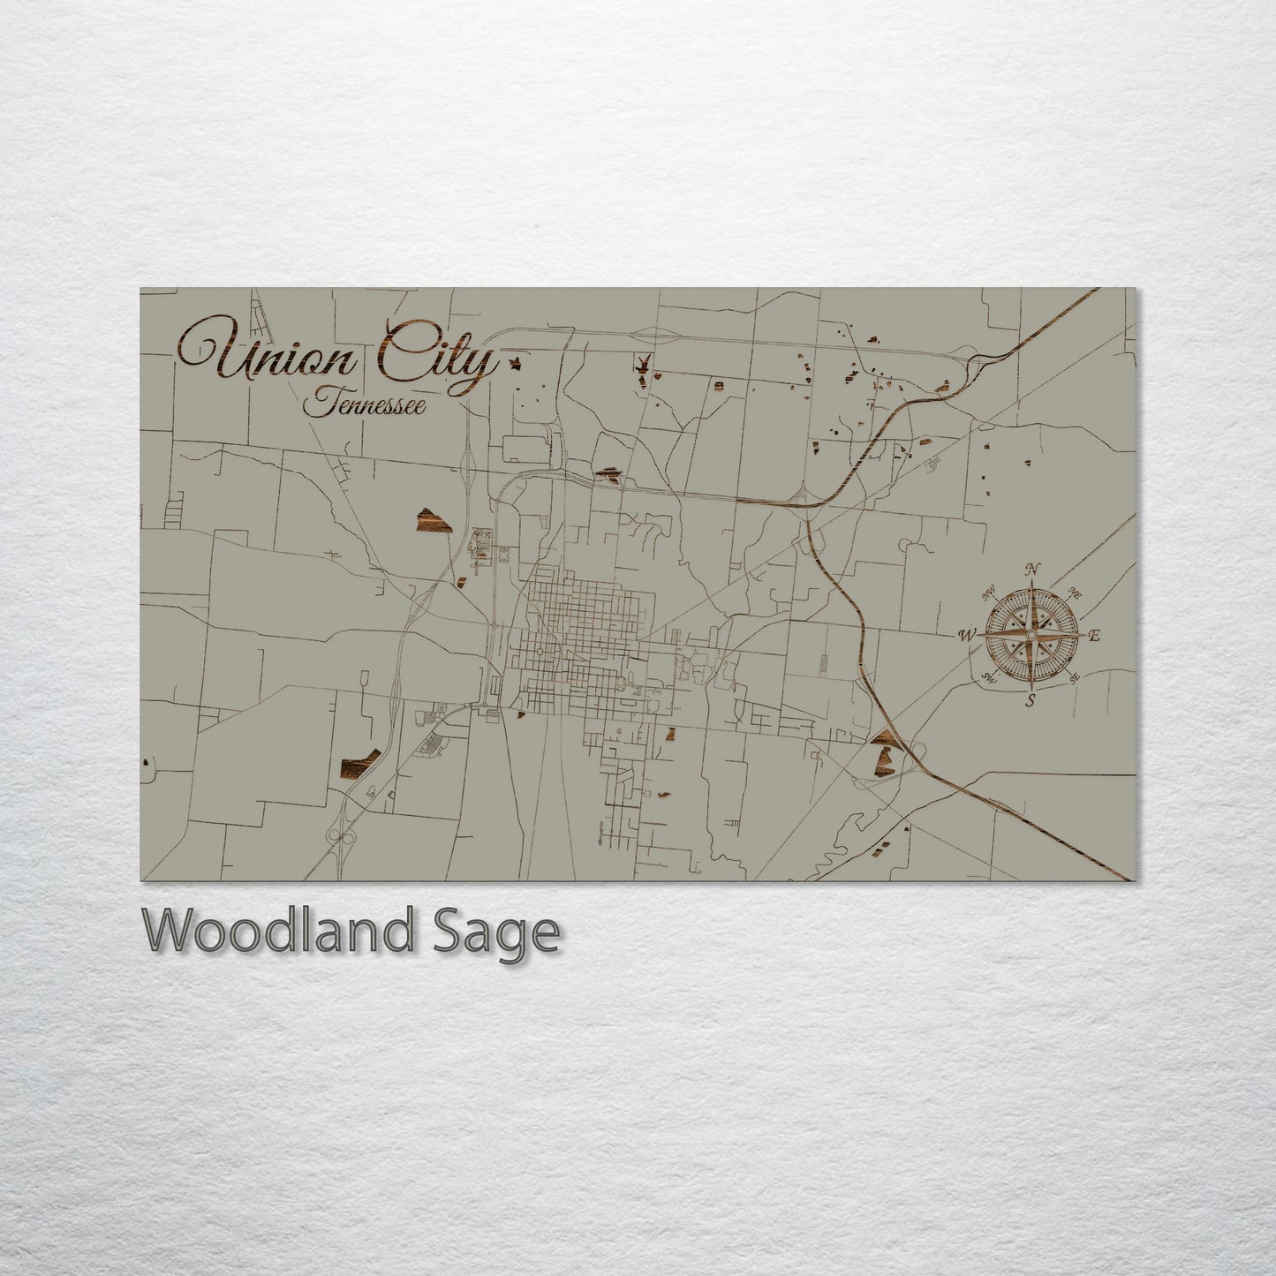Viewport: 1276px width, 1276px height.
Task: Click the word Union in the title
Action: (x=270, y=359)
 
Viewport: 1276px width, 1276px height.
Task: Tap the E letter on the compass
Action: (x=1094, y=636)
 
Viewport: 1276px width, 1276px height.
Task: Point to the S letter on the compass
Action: (x=1030, y=702)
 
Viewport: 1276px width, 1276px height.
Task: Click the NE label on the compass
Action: (x=1075, y=592)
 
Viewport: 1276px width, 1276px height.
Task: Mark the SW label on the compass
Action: (x=989, y=677)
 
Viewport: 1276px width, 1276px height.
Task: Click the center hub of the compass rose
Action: (x=1031, y=635)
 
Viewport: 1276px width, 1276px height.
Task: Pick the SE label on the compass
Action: (x=1074, y=678)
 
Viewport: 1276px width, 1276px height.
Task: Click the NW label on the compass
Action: (x=990, y=592)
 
